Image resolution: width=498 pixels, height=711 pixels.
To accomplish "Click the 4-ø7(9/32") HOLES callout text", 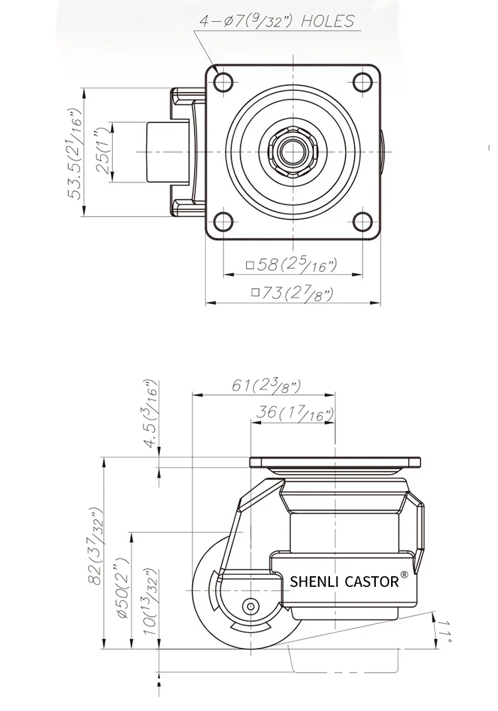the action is [277, 21].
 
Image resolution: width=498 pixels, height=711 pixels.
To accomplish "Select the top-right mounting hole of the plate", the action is [363, 82].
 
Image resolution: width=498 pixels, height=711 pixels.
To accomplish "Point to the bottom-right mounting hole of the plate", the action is [363, 221].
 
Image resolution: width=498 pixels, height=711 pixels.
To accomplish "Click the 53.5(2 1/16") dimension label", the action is [75, 153].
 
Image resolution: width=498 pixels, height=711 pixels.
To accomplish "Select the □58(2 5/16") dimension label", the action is [292, 265].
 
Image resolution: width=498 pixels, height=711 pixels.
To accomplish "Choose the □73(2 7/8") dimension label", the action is [293, 293].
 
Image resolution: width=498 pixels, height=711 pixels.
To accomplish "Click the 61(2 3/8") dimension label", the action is [266, 386].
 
